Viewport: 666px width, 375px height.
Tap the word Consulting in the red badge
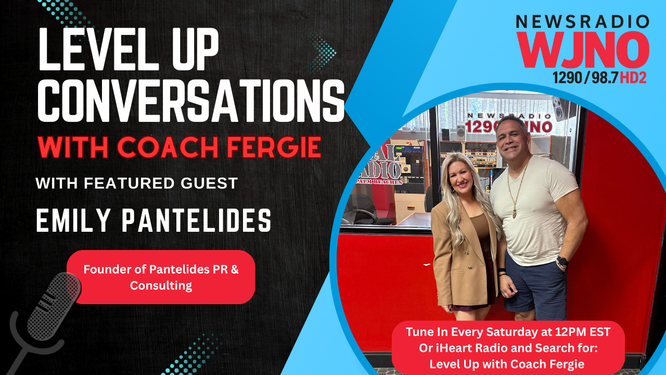(161, 285)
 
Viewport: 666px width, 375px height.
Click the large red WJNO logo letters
(583, 50)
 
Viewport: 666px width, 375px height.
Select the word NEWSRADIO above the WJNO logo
(583, 22)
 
